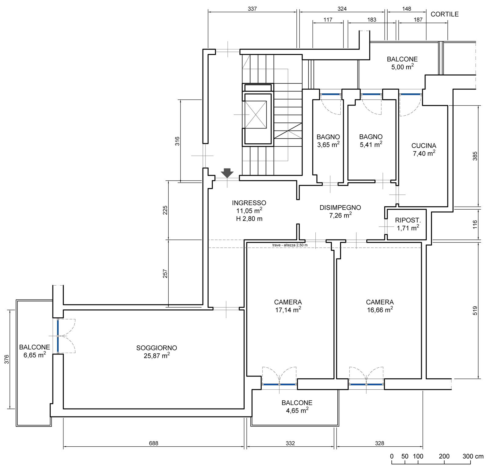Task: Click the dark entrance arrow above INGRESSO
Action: (x=227, y=173)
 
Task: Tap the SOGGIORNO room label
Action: (x=156, y=348)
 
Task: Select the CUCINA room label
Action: (x=424, y=146)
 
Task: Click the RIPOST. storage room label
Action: (x=408, y=220)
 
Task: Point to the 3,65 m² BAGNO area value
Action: (x=328, y=145)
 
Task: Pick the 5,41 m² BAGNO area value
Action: (x=371, y=145)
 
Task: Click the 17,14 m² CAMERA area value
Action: (x=288, y=310)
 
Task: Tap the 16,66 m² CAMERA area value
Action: (x=380, y=310)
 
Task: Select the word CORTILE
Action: (x=445, y=14)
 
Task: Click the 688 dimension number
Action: (x=154, y=443)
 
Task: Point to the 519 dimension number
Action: (x=475, y=311)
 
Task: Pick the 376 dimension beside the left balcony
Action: (x=6, y=359)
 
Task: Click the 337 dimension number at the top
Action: (x=252, y=9)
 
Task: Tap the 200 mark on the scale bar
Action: (x=444, y=456)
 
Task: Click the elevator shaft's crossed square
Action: (x=256, y=115)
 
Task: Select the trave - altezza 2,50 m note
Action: (x=290, y=245)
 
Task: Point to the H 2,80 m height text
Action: (x=249, y=219)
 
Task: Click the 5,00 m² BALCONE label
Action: (x=402, y=63)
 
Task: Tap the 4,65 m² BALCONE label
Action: (x=297, y=407)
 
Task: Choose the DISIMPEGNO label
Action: (x=340, y=208)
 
